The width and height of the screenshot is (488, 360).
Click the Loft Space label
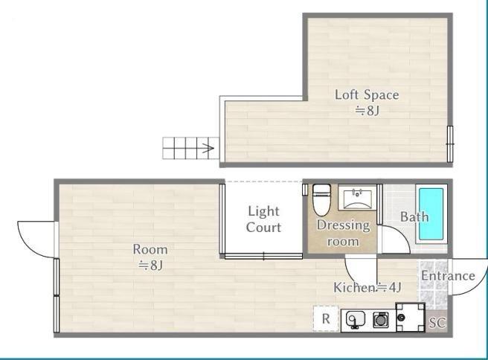coord(367,95)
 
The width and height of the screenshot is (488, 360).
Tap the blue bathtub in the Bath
coord(431,213)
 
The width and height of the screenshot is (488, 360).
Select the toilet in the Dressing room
coord(321,200)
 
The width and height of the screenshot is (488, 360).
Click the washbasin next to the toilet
coord(357,198)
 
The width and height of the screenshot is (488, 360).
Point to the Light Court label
coord(263,219)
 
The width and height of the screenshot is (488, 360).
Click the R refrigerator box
coord(326,318)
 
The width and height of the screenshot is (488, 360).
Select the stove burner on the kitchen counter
coord(381,320)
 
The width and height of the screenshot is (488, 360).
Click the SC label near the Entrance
coord(437,323)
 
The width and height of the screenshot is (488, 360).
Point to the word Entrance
coord(448,276)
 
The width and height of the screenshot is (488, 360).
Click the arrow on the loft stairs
coord(208,148)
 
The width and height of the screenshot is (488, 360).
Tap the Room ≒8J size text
coord(150,266)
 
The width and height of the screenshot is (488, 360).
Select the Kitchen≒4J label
coord(367,288)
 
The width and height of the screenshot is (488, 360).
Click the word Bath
coord(414,216)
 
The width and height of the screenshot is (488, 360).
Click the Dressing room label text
coord(343,233)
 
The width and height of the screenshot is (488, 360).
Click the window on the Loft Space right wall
coord(450,144)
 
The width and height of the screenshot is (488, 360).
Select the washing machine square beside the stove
coord(411,317)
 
